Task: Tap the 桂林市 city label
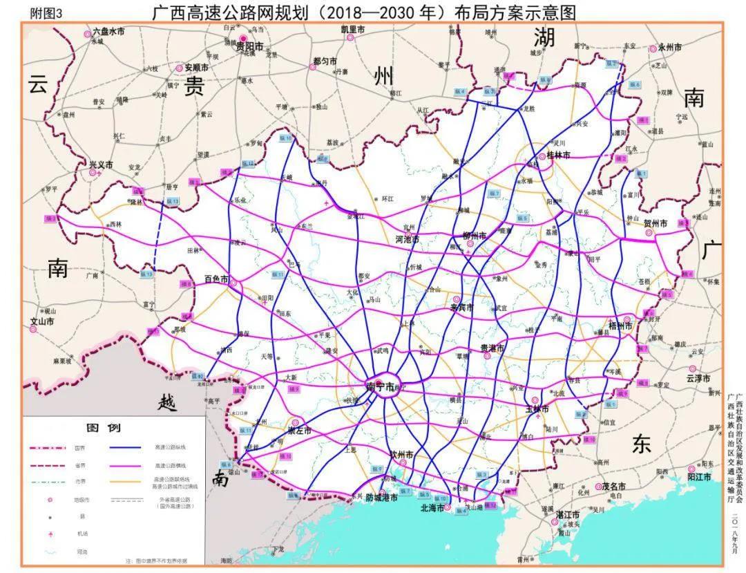(x=558, y=156)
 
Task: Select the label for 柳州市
(x=475, y=236)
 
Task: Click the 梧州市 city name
(x=620, y=326)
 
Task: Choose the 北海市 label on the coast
(x=432, y=507)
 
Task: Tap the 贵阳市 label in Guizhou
(x=249, y=48)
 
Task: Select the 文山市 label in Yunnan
(x=41, y=321)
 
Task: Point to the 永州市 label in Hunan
(x=669, y=48)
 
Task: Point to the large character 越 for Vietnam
(x=167, y=401)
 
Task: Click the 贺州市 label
(x=656, y=224)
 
